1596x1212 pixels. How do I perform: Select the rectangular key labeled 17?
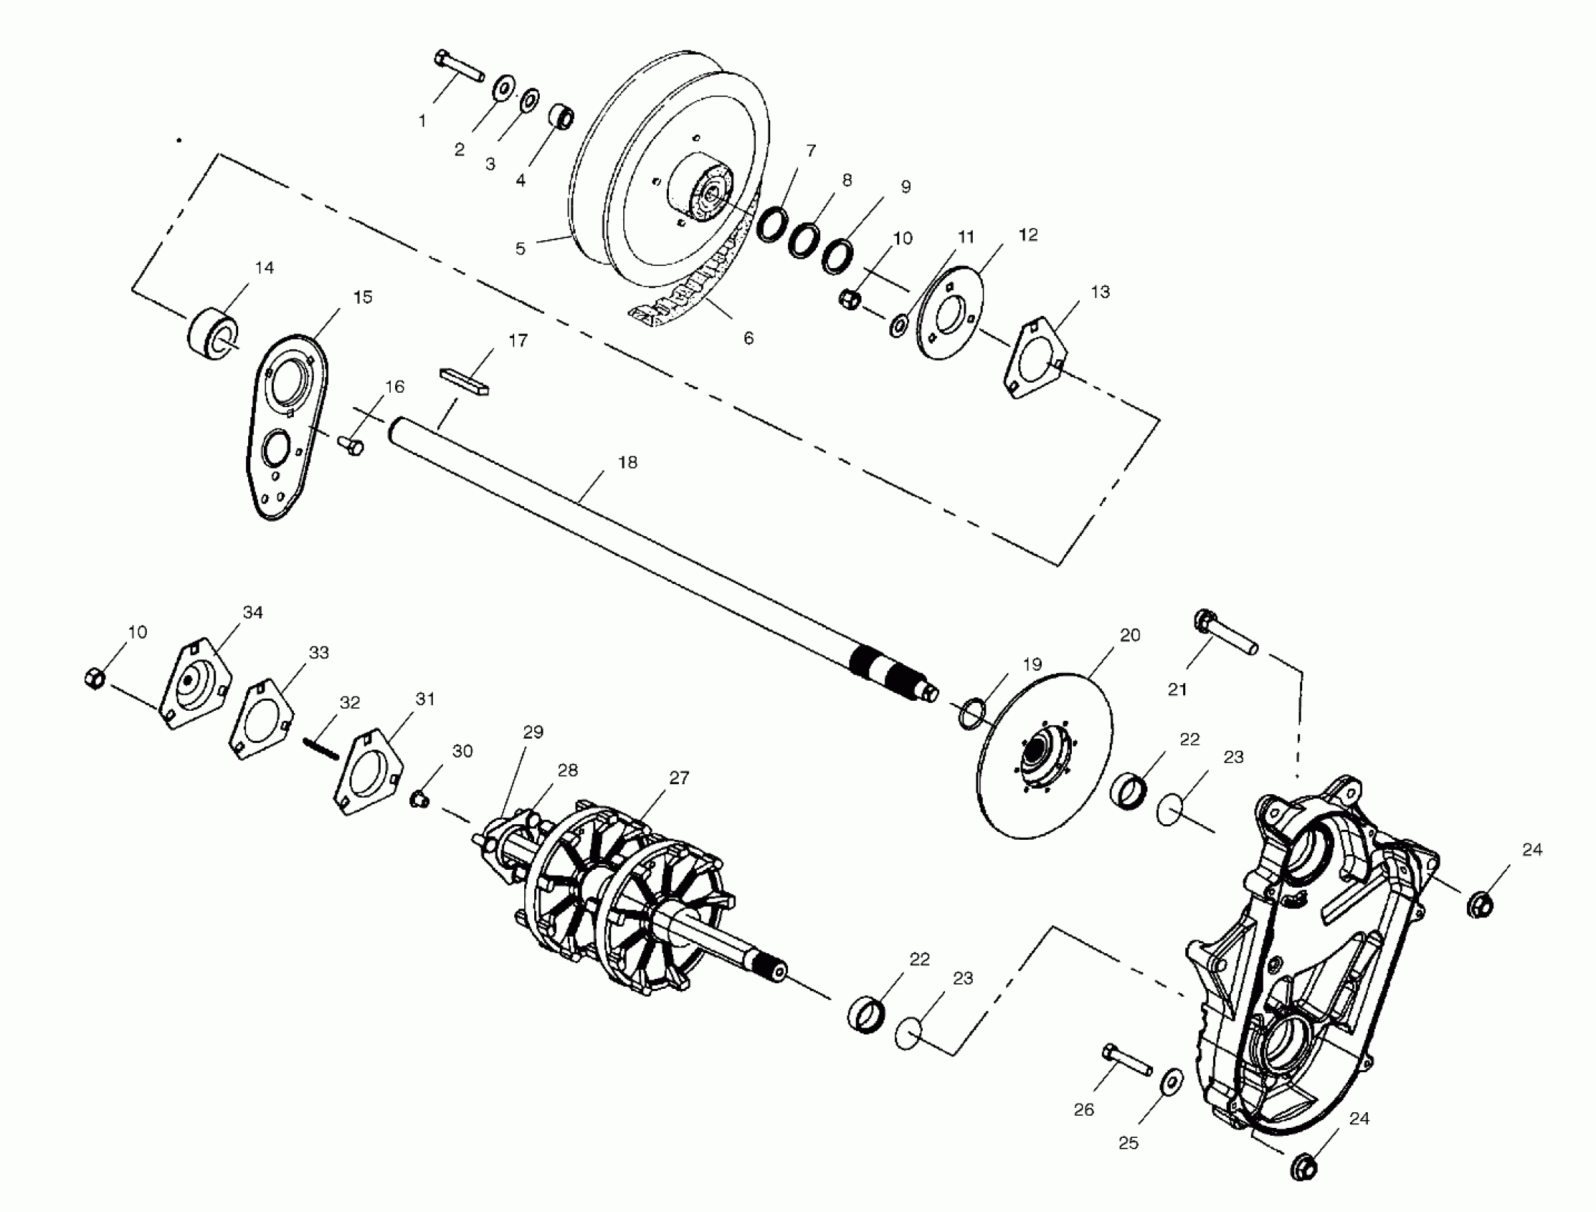click(x=464, y=381)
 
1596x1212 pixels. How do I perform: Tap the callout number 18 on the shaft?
click(x=628, y=463)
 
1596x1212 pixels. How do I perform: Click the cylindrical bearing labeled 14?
click(x=212, y=334)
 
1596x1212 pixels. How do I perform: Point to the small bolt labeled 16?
click(x=352, y=445)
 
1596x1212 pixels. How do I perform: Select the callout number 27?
click(x=679, y=778)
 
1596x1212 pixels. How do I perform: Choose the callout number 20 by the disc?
click(x=1130, y=635)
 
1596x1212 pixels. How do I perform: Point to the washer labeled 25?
click(x=1171, y=1082)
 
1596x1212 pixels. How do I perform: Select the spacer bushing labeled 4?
click(x=561, y=116)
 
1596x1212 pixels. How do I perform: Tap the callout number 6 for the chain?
click(x=748, y=339)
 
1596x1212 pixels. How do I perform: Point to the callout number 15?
click(x=362, y=297)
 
